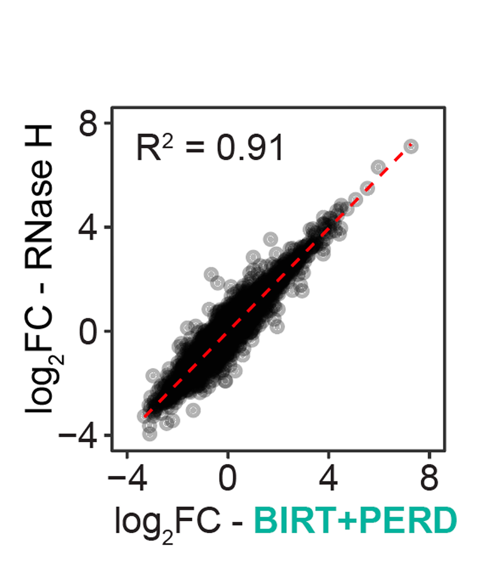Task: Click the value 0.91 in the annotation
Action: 250,148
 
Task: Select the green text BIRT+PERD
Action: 355,521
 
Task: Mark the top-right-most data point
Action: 411,145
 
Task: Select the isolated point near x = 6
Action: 379,167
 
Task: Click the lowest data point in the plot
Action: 149,434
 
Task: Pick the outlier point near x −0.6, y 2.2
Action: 212,274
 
